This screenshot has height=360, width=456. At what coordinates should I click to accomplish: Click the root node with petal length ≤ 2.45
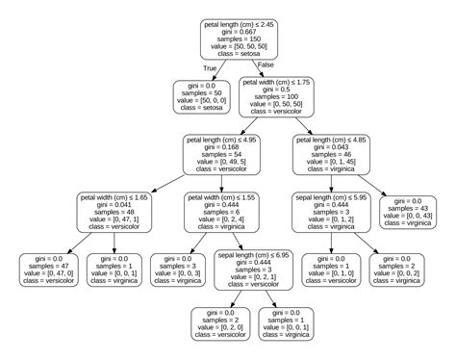[x=241, y=38]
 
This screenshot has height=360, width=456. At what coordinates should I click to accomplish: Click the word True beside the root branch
[x=211, y=67]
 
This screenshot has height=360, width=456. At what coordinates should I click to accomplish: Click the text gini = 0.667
[x=241, y=29]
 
